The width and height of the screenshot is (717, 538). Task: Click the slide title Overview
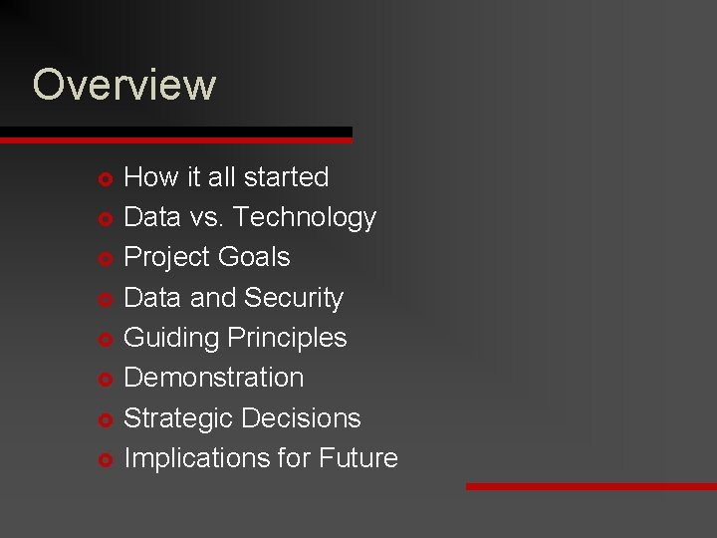coord(123,85)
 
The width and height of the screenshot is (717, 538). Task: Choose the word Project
coord(162,258)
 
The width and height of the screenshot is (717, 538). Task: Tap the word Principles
coord(287,339)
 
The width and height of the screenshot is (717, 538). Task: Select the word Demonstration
coord(213,378)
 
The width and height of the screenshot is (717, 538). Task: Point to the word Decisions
coord(302,418)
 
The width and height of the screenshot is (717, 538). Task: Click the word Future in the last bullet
coord(358,458)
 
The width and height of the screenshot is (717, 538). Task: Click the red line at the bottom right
coord(591,486)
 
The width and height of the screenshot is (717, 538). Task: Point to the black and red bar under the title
coord(175,135)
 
